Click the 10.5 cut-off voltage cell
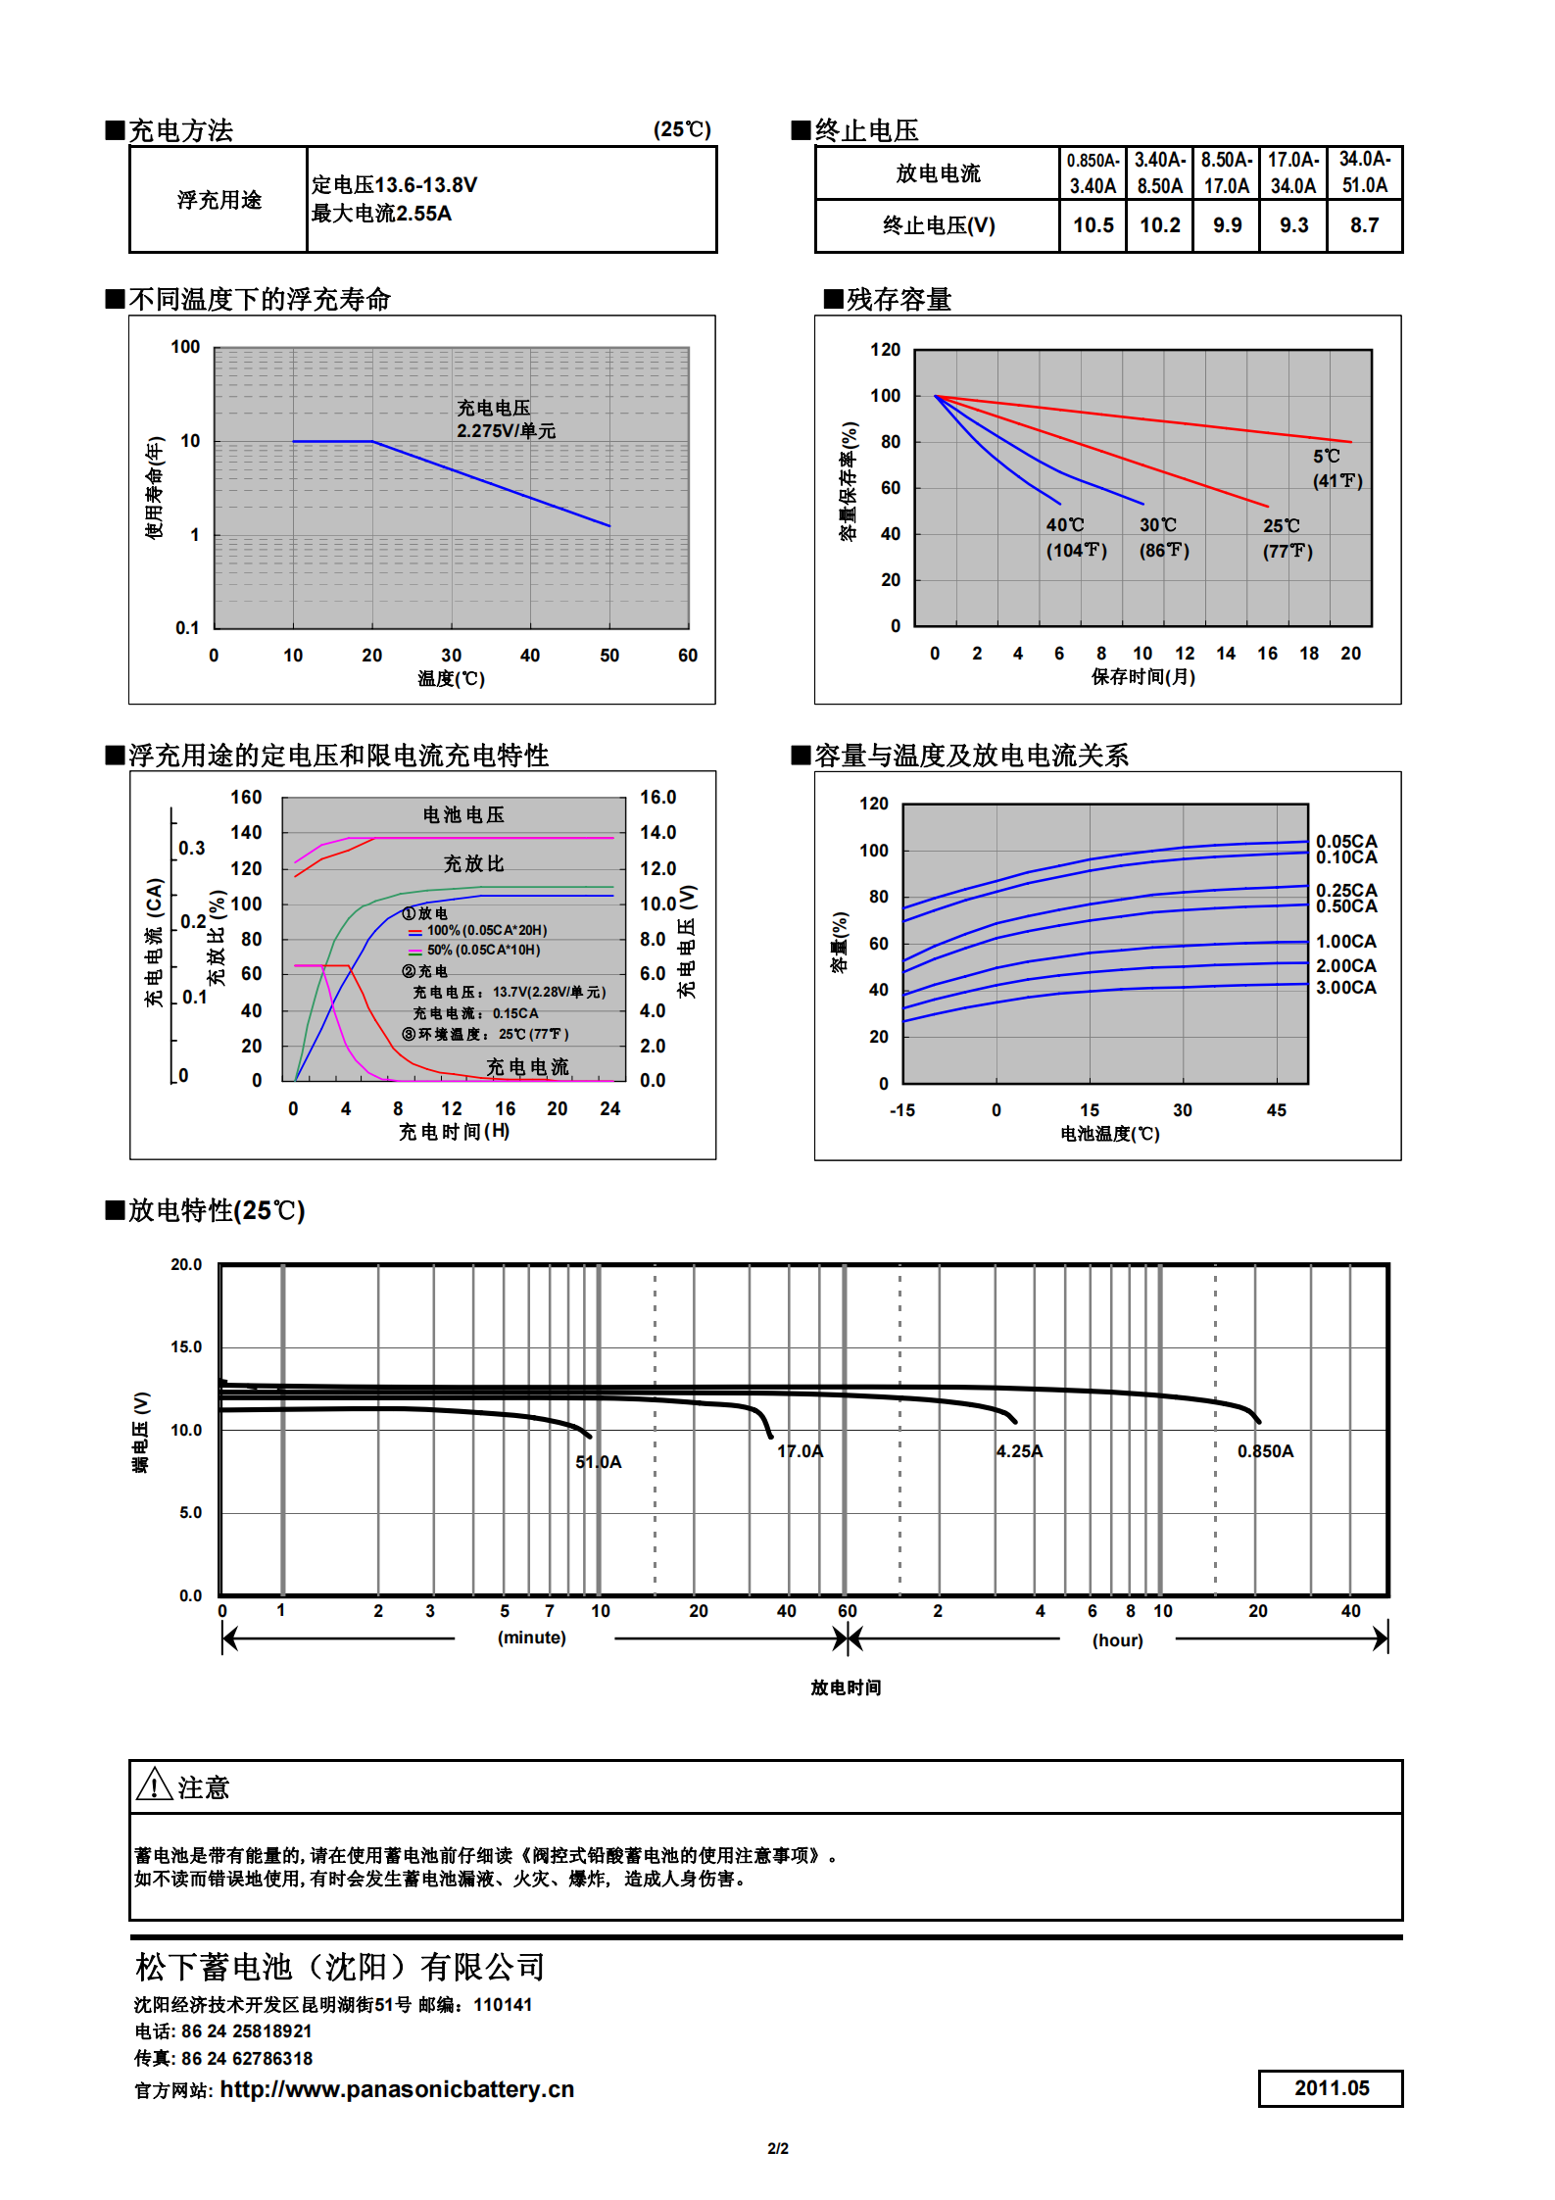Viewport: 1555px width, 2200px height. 1093,225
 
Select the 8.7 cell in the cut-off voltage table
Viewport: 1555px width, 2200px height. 1364,225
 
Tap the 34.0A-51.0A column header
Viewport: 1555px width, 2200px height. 1364,172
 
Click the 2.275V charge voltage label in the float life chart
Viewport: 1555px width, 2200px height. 506,419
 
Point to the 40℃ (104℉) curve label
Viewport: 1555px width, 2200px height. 1076,538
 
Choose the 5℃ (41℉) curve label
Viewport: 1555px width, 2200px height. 1336,468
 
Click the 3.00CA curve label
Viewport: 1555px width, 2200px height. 1345,988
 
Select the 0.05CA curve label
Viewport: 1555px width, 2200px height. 1345,841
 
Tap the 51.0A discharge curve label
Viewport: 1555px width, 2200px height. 598,1462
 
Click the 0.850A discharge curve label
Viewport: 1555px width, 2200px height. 1265,1451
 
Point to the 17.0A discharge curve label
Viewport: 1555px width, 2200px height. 800,1451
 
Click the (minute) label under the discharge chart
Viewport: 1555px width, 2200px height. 531,1638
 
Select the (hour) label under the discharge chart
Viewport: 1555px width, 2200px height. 1117,1640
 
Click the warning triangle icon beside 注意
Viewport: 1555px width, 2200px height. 154,1784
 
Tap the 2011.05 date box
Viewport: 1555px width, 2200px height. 1331,2087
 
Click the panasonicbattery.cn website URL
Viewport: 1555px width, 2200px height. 397,2089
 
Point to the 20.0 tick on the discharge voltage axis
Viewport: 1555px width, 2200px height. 186,1265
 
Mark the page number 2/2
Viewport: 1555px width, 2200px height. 777,2148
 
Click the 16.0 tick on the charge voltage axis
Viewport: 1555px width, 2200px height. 657,798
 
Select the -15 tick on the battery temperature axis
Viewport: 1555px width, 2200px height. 901,1110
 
